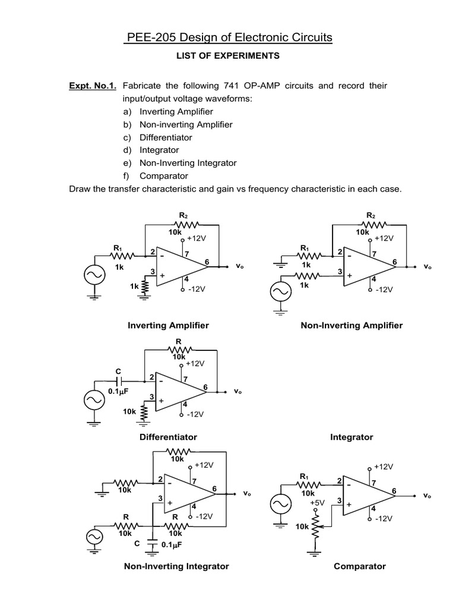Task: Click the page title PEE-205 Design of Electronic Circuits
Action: [228, 38]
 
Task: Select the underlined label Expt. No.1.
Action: [93, 86]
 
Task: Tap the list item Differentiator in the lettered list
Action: [166, 138]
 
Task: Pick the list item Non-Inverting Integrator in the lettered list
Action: [188, 163]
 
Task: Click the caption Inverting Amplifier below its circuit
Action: [168, 325]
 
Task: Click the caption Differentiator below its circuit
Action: [168, 437]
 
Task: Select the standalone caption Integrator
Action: [351, 437]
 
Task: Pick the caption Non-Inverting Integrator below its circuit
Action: [176, 566]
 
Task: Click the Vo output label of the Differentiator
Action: [238, 392]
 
